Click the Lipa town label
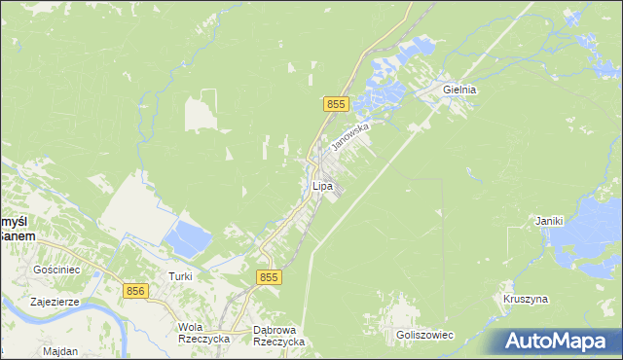click(322, 185)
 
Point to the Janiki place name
click(550, 221)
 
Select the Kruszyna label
click(525, 299)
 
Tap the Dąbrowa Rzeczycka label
click(278, 335)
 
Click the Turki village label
click(180, 276)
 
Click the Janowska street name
click(350, 135)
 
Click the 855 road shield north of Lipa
click(336, 104)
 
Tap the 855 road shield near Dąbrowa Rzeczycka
click(270, 277)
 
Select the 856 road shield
click(136, 290)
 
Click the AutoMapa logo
click(556, 341)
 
